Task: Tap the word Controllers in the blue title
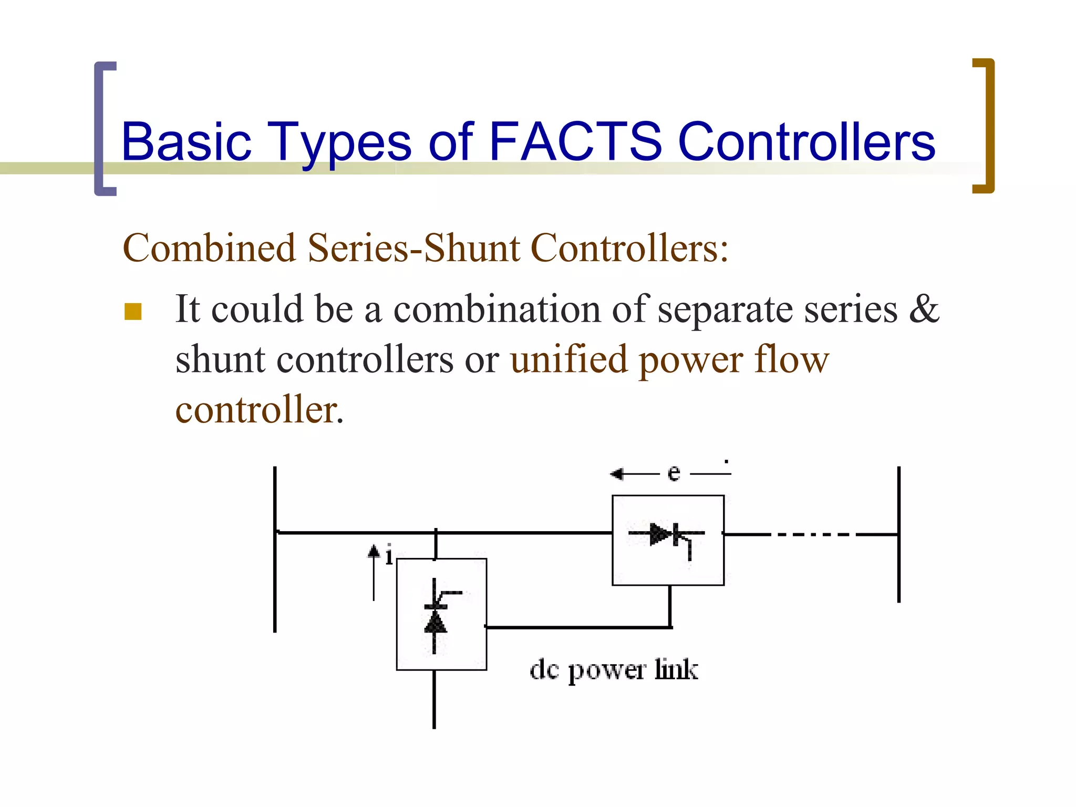[806, 142]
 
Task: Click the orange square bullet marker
[133, 311]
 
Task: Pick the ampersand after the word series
[924, 309]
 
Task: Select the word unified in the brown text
[568, 360]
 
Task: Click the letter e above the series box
[674, 473]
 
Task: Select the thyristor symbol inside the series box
[666, 536]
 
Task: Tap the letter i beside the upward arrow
[389, 556]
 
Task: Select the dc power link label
[614, 670]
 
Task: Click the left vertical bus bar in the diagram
[275, 549]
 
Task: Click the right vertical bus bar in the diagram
[899, 534]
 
